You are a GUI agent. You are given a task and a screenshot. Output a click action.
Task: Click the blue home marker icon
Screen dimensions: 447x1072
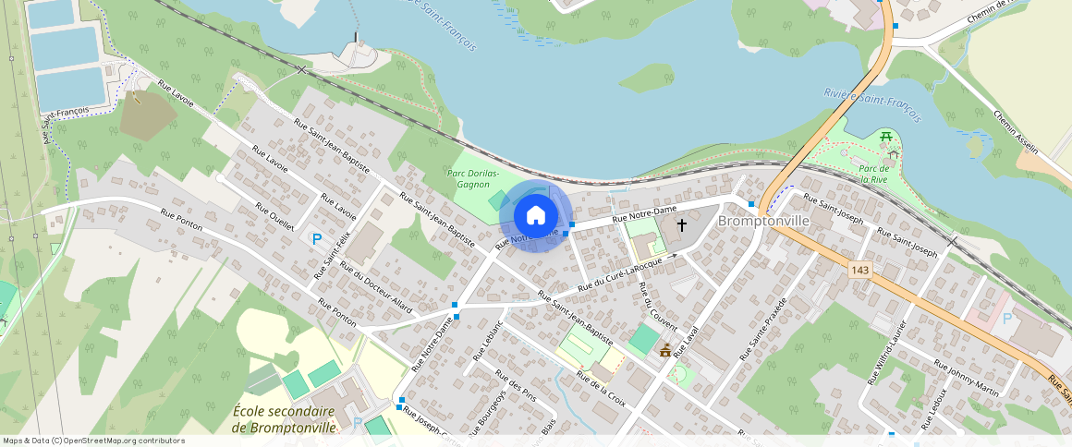[x=535, y=216]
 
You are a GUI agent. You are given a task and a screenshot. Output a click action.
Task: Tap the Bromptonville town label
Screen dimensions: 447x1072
[x=763, y=223]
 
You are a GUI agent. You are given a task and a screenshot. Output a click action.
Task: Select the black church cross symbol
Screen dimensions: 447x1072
[x=682, y=224]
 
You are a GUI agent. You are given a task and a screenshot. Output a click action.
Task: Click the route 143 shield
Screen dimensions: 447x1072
[x=860, y=267]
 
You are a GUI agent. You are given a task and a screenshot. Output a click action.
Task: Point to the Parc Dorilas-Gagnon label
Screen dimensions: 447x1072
[x=472, y=178]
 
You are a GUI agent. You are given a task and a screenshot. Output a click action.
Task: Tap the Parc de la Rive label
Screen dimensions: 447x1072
[x=873, y=174]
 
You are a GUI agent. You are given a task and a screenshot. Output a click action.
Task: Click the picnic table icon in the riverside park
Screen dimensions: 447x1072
[x=885, y=137]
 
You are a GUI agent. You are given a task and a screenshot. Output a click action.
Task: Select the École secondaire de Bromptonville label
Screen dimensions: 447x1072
[x=284, y=419]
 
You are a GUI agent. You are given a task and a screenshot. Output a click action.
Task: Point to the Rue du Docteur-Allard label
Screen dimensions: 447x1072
[x=375, y=285]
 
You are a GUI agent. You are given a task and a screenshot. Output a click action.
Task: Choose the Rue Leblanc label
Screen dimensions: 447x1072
[x=486, y=341]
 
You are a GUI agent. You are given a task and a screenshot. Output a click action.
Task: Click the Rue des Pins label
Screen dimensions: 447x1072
[x=516, y=385]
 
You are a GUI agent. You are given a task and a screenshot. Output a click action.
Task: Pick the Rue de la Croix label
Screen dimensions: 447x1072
[x=601, y=389]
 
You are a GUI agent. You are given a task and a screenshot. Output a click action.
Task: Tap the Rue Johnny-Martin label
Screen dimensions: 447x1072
[x=967, y=378]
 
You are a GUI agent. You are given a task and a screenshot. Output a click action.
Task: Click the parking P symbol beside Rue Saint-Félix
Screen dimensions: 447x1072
[x=317, y=239]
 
